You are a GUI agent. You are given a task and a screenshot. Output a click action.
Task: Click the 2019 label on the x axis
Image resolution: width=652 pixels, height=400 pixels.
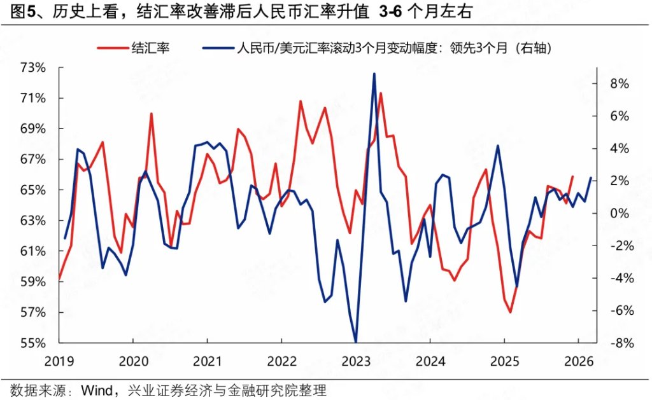tap(59, 361)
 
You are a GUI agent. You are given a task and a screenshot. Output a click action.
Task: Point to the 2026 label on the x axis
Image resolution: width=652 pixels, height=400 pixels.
tap(578, 361)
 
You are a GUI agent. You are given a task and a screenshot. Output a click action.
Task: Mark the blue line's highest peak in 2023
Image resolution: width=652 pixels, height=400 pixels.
tap(374, 74)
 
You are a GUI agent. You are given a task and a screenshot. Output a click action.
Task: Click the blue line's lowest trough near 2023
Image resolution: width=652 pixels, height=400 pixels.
tap(355, 342)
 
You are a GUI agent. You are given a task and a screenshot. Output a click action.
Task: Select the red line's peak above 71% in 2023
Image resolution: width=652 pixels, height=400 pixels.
tap(381, 93)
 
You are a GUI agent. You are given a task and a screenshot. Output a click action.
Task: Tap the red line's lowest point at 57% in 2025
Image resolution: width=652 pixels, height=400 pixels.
tap(510, 312)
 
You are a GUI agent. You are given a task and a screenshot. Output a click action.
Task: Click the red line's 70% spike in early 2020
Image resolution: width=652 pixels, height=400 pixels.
tap(151, 114)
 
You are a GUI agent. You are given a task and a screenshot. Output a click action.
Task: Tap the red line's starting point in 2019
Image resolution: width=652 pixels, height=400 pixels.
tap(59, 279)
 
